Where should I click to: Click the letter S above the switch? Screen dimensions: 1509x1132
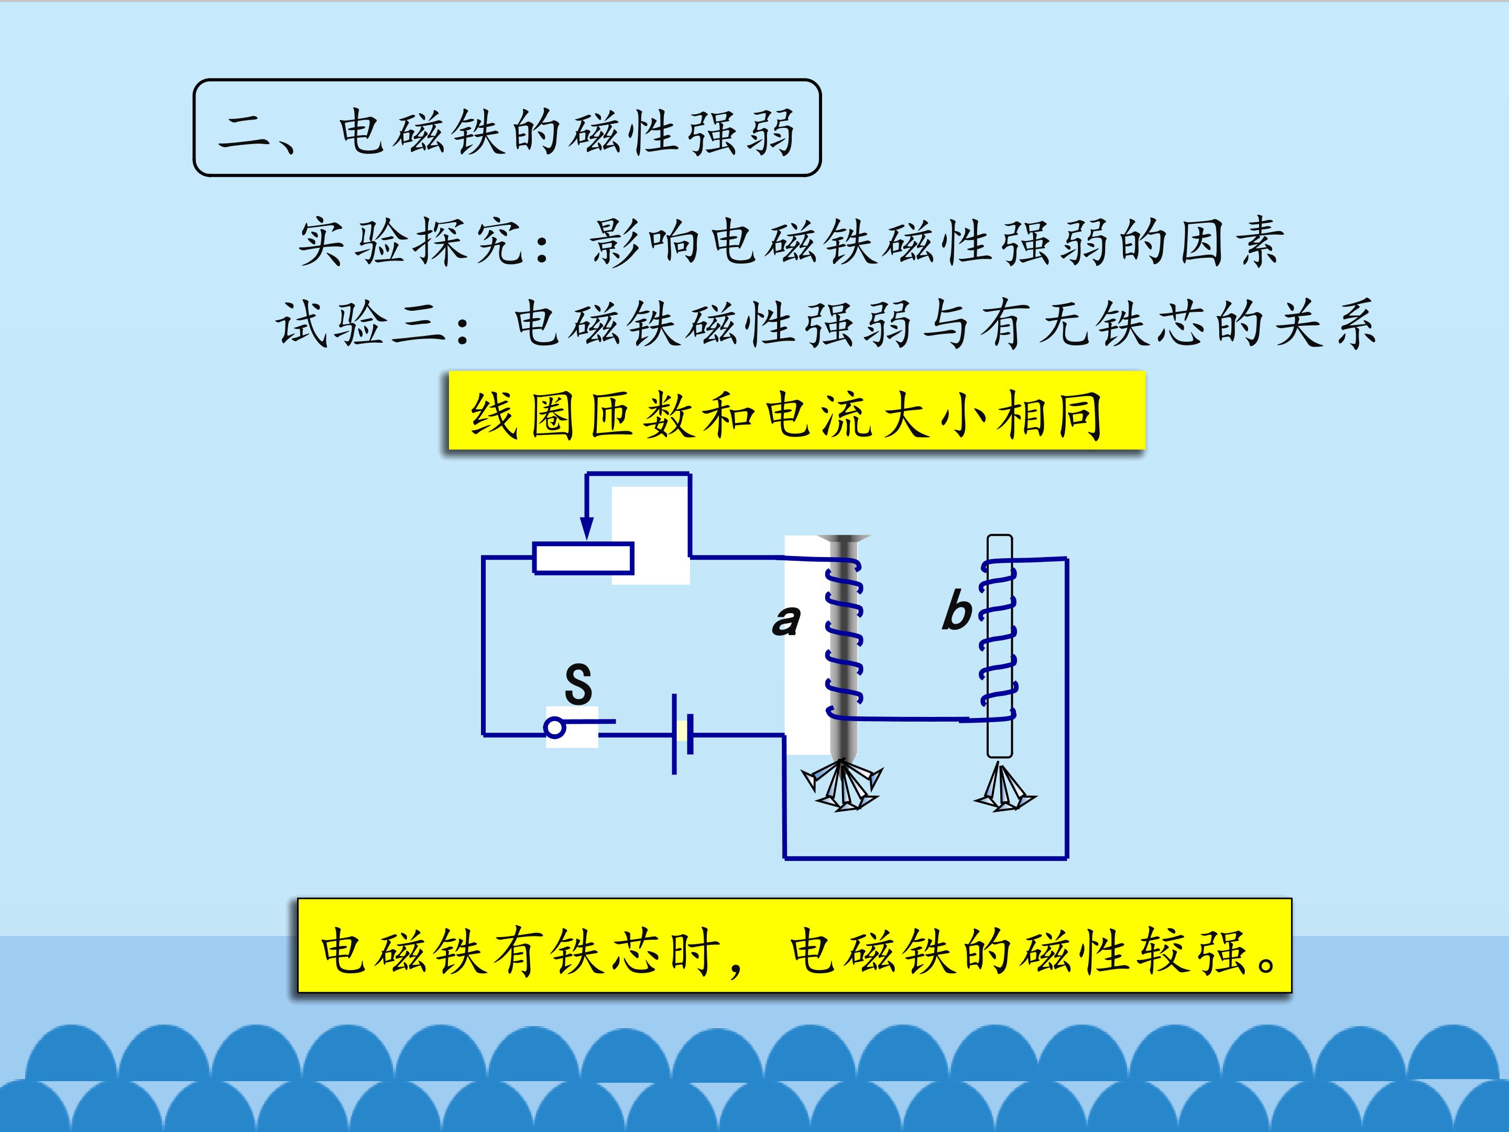pyautogui.click(x=578, y=684)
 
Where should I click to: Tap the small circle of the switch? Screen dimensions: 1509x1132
pyautogui.click(x=555, y=728)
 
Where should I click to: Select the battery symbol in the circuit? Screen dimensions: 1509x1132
pyautogui.click(x=683, y=734)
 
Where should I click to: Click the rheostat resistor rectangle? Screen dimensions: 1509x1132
pyautogui.click(x=583, y=558)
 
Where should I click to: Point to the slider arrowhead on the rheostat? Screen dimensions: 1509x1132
pyautogui.click(x=586, y=527)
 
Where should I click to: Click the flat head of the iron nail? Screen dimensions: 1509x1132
pyautogui.click(x=844, y=539)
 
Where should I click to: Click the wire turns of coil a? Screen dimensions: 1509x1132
pyautogui.click(x=845, y=638)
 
